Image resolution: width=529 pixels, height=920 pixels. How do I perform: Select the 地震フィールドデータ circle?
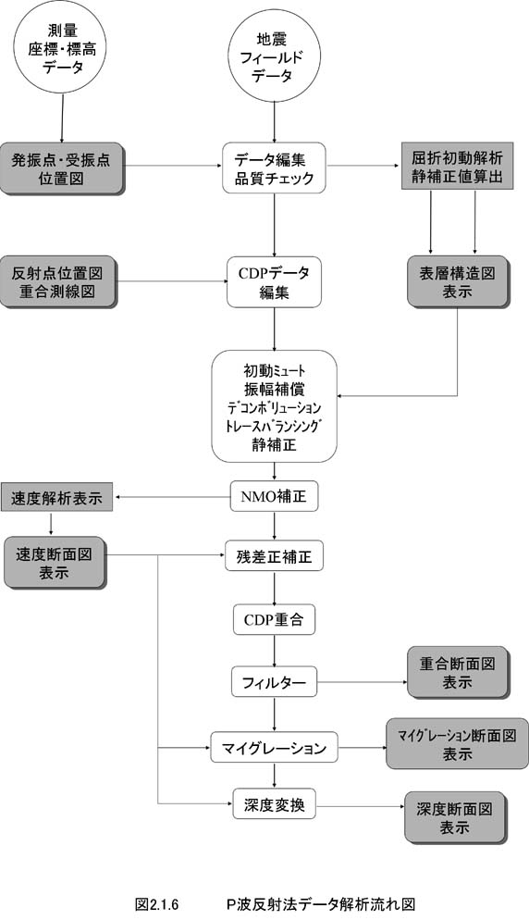(274, 56)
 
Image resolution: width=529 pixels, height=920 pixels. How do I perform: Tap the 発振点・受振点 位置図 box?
(62, 168)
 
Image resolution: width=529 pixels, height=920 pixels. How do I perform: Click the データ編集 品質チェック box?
(274, 168)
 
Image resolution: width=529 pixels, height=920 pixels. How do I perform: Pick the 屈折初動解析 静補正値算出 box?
(457, 166)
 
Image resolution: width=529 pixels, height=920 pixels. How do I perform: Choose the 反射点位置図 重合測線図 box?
(58, 281)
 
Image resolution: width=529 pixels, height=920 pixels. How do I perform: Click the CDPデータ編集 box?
(274, 281)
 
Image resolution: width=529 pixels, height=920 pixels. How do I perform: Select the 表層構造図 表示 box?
(458, 281)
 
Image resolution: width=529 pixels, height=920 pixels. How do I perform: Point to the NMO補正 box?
(274, 497)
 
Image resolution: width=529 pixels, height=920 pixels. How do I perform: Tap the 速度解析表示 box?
(56, 498)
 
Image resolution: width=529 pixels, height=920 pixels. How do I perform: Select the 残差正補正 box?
(274, 555)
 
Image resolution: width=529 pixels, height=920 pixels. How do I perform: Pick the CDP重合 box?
(274, 619)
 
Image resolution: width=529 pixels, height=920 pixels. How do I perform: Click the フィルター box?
(274, 682)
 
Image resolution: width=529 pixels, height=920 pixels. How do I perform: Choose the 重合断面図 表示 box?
(458, 672)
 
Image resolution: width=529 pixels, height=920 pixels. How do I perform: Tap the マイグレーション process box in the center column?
(274, 748)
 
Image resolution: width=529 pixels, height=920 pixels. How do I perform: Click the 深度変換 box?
(274, 805)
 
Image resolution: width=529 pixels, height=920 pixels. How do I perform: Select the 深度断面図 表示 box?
(455, 818)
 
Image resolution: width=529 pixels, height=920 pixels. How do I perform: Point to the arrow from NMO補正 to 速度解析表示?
(172, 498)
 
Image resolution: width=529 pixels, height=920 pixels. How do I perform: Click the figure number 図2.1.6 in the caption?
(156, 903)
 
